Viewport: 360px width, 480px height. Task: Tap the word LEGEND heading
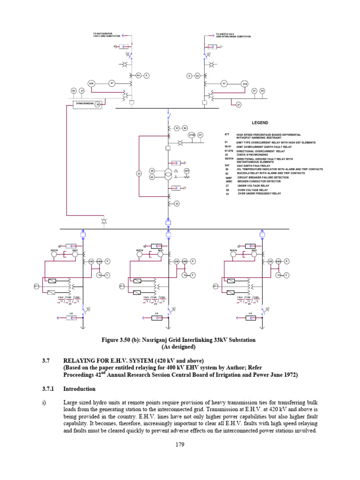point(260,123)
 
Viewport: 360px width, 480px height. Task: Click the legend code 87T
point(228,135)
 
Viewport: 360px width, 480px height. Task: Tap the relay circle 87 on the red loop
point(139,174)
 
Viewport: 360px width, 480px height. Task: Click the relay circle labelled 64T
point(187,171)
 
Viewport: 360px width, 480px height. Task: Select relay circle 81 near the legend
point(200,135)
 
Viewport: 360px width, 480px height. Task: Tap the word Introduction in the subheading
point(79,389)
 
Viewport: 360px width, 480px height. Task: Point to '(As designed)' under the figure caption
point(180,347)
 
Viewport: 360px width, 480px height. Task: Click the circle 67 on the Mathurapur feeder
point(112,83)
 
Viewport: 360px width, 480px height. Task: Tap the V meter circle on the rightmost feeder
point(286,275)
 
